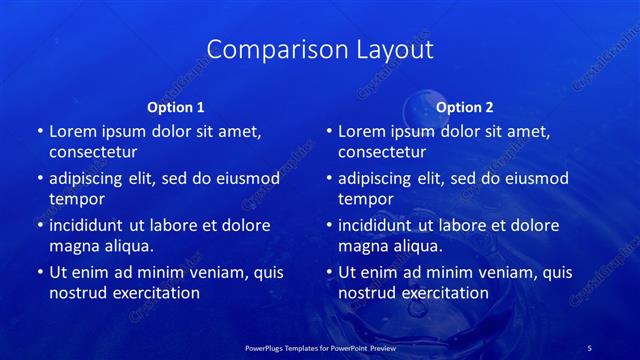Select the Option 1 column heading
tap(176, 107)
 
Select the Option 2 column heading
tap(465, 107)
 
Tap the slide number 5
tap(590, 347)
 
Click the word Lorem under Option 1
tap(73, 131)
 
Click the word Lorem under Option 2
tap(362, 131)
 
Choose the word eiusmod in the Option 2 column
tap(533, 178)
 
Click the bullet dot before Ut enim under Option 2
tap(330, 272)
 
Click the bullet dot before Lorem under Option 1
tap(40, 131)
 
